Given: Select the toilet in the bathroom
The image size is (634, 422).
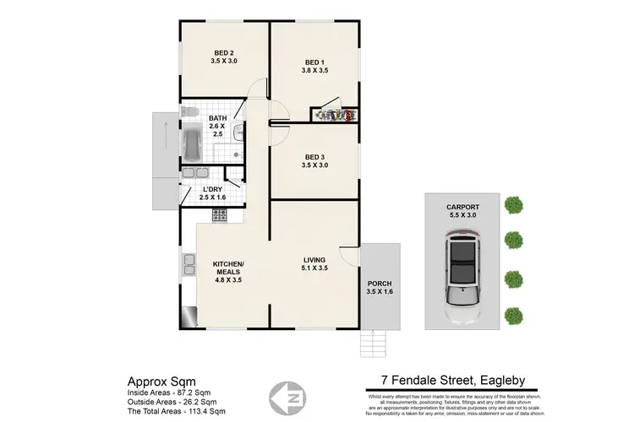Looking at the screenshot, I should click(x=190, y=112).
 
